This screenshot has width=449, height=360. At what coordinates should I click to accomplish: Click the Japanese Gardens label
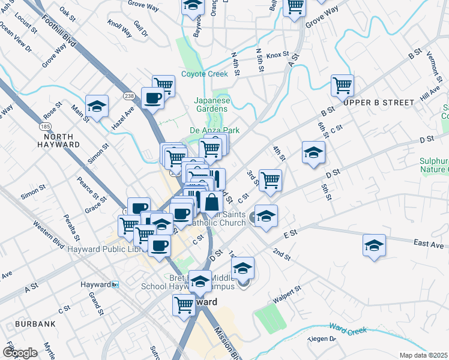pyautogui.click(x=211, y=105)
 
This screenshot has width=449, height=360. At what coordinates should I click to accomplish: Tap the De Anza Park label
pyautogui.click(x=215, y=130)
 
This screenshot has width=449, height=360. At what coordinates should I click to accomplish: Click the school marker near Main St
pyautogui.click(x=97, y=106)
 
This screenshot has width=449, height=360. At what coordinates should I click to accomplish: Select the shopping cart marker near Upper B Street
pyautogui.click(x=342, y=85)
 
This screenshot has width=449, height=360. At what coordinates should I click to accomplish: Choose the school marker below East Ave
pyautogui.click(x=374, y=245)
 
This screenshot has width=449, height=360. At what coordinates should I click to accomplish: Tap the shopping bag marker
pyautogui.click(x=212, y=202)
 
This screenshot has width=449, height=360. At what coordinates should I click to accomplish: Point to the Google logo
pyautogui.click(x=20, y=353)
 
